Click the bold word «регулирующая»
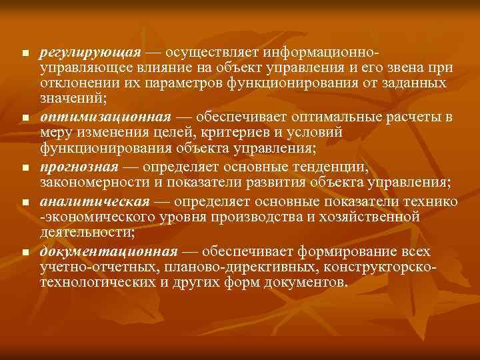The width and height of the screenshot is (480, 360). (90, 52)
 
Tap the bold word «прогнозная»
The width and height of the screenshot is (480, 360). (79, 167)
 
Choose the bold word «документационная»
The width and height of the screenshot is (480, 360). (109, 251)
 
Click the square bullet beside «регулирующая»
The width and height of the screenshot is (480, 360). (25, 53)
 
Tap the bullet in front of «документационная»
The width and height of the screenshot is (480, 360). (25, 253)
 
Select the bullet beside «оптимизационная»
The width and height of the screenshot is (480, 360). (25, 118)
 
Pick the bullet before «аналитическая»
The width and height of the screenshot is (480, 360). (25, 203)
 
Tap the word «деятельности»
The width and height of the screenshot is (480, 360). (85, 232)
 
